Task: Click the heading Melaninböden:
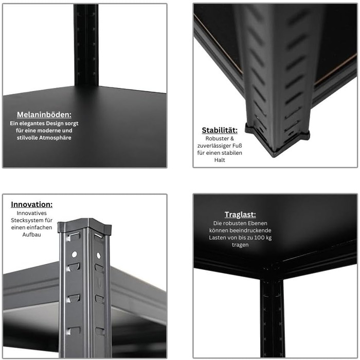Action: click(44, 115)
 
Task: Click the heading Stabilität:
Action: click(220, 131)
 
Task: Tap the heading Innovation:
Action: click(31, 204)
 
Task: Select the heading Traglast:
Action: click(240, 215)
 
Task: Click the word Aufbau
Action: click(31, 235)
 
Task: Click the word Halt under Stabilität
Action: click(220, 160)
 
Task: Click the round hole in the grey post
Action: click(75, 254)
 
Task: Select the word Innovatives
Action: click(31, 212)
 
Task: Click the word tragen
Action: click(240, 245)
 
